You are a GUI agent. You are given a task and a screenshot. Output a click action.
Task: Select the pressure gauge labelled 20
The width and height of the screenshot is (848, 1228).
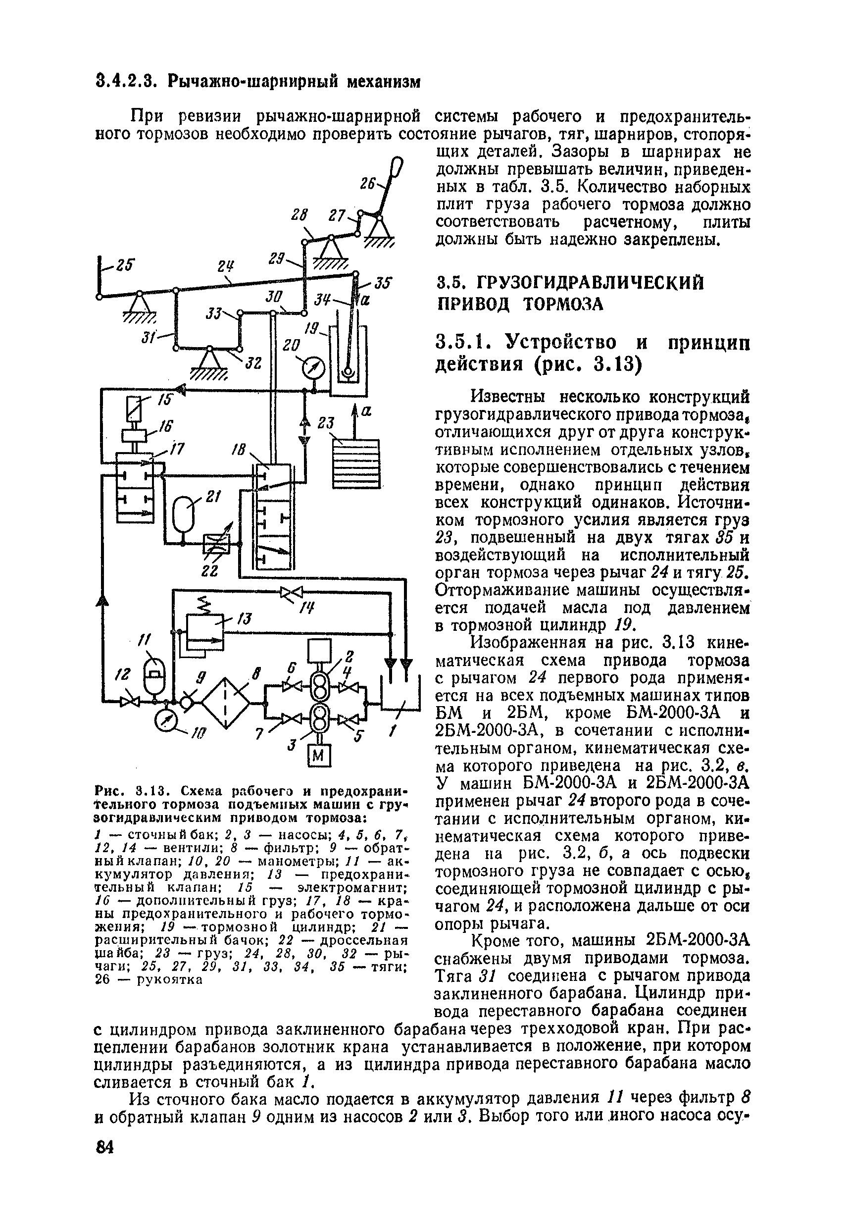[314, 368]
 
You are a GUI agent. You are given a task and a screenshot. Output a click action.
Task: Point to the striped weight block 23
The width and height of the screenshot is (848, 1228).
[355, 463]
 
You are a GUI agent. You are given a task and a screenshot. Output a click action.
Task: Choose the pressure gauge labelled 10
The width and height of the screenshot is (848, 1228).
[166, 720]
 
